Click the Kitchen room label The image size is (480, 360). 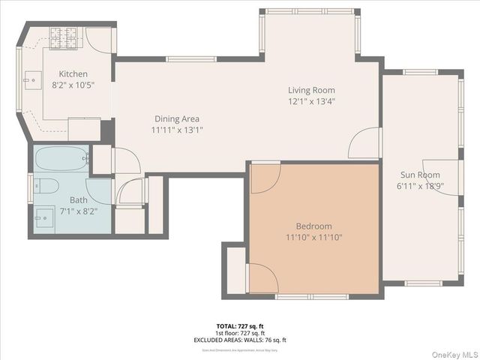[74, 74]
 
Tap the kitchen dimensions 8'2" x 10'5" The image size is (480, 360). [74, 85]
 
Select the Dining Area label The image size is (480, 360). [177, 118]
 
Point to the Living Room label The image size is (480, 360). [311, 90]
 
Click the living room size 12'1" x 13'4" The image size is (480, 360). [311, 101]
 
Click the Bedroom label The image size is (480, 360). [313, 226]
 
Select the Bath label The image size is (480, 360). [79, 200]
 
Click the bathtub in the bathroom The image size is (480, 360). [61, 160]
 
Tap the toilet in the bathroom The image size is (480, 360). [46, 186]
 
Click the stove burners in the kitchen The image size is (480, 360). [63, 34]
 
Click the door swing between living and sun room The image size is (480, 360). [365, 143]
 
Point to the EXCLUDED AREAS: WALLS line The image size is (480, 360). [240, 340]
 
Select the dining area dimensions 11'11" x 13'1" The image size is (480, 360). [177, 130]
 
